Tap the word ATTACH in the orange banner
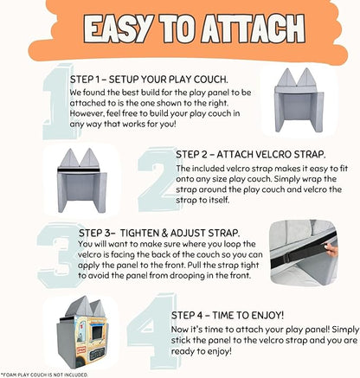[x=253, y=29]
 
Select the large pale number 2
[x=157, y=180]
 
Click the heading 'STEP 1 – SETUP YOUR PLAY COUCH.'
[x=149, y=80]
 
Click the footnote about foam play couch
[x=44, y=375]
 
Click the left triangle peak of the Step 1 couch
[x=287, y=77]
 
